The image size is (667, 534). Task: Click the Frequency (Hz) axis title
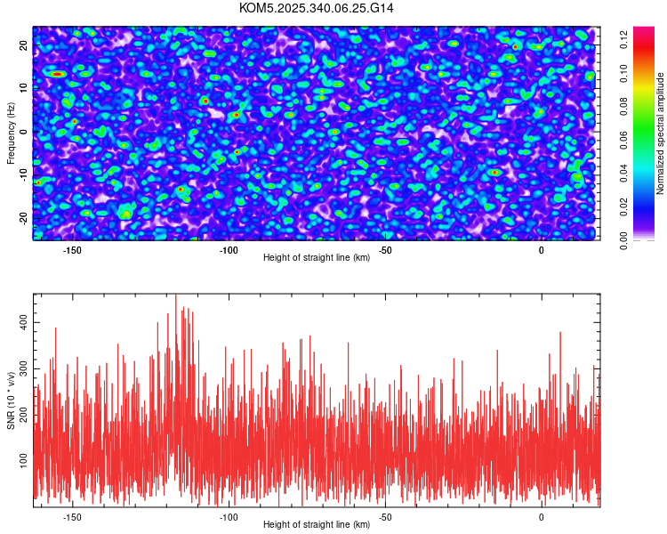pyautogui.click(x=11, y=133)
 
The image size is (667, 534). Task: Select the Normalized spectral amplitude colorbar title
pyautogui.click(x=661, y=133)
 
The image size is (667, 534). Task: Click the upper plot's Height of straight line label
pyautogui.click(x=317, y=257)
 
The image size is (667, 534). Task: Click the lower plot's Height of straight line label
pyautogui.click(x=317, y=524)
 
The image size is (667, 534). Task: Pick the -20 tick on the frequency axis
pyautogui.click(x=24, y=218)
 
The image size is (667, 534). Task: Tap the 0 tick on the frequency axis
pyautogui.click(x=24, y=132)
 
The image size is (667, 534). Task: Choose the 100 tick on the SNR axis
pyautogui.click(x=24, y=459)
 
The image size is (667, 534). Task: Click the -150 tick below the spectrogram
pyautogui.click(x=72, y=250)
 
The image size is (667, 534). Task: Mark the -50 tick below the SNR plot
pyautogui.click(x=385, y=516)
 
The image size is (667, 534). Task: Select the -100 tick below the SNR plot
pyautogui.click(x=229, y=516)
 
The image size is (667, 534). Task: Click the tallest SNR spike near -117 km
pyautogui.click(x=176, y=295)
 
